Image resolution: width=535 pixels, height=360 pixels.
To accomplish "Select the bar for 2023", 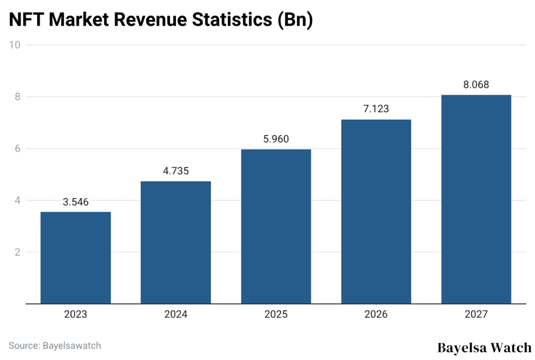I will tap(76, 258).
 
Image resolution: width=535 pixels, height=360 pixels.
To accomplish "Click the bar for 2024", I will tap(176, 242).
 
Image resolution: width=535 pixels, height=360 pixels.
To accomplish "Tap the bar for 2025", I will tap(276, 226).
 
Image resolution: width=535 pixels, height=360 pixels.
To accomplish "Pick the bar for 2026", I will tap(376, 212).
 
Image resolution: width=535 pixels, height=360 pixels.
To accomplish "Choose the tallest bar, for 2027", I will tap(476, 199).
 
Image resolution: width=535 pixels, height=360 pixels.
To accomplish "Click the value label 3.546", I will tap(76, 202).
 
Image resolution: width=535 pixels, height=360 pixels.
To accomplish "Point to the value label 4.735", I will tap(176, 171).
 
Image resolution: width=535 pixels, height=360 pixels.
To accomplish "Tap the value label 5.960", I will tap(276, 140).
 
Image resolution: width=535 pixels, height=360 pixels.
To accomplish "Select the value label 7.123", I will tap(376, 109).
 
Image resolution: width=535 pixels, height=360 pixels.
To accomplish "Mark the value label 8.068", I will tap(476, 85).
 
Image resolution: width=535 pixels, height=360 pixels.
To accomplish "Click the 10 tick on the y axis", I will tap(15, 45).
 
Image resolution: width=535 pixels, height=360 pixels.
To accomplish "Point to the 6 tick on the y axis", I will tap(17, 149).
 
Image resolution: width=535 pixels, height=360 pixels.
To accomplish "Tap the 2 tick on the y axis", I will tap(17, 252).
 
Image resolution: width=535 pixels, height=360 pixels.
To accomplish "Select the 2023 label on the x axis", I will tap(76, 315).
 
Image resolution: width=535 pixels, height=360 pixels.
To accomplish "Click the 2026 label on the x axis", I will tap(376, 315).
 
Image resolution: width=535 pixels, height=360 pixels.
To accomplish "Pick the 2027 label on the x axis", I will tap(476, 315).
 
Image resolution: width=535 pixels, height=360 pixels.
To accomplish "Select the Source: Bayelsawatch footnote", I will tap(55, 345).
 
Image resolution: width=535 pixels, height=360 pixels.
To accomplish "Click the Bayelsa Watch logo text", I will tap(484, 347).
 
